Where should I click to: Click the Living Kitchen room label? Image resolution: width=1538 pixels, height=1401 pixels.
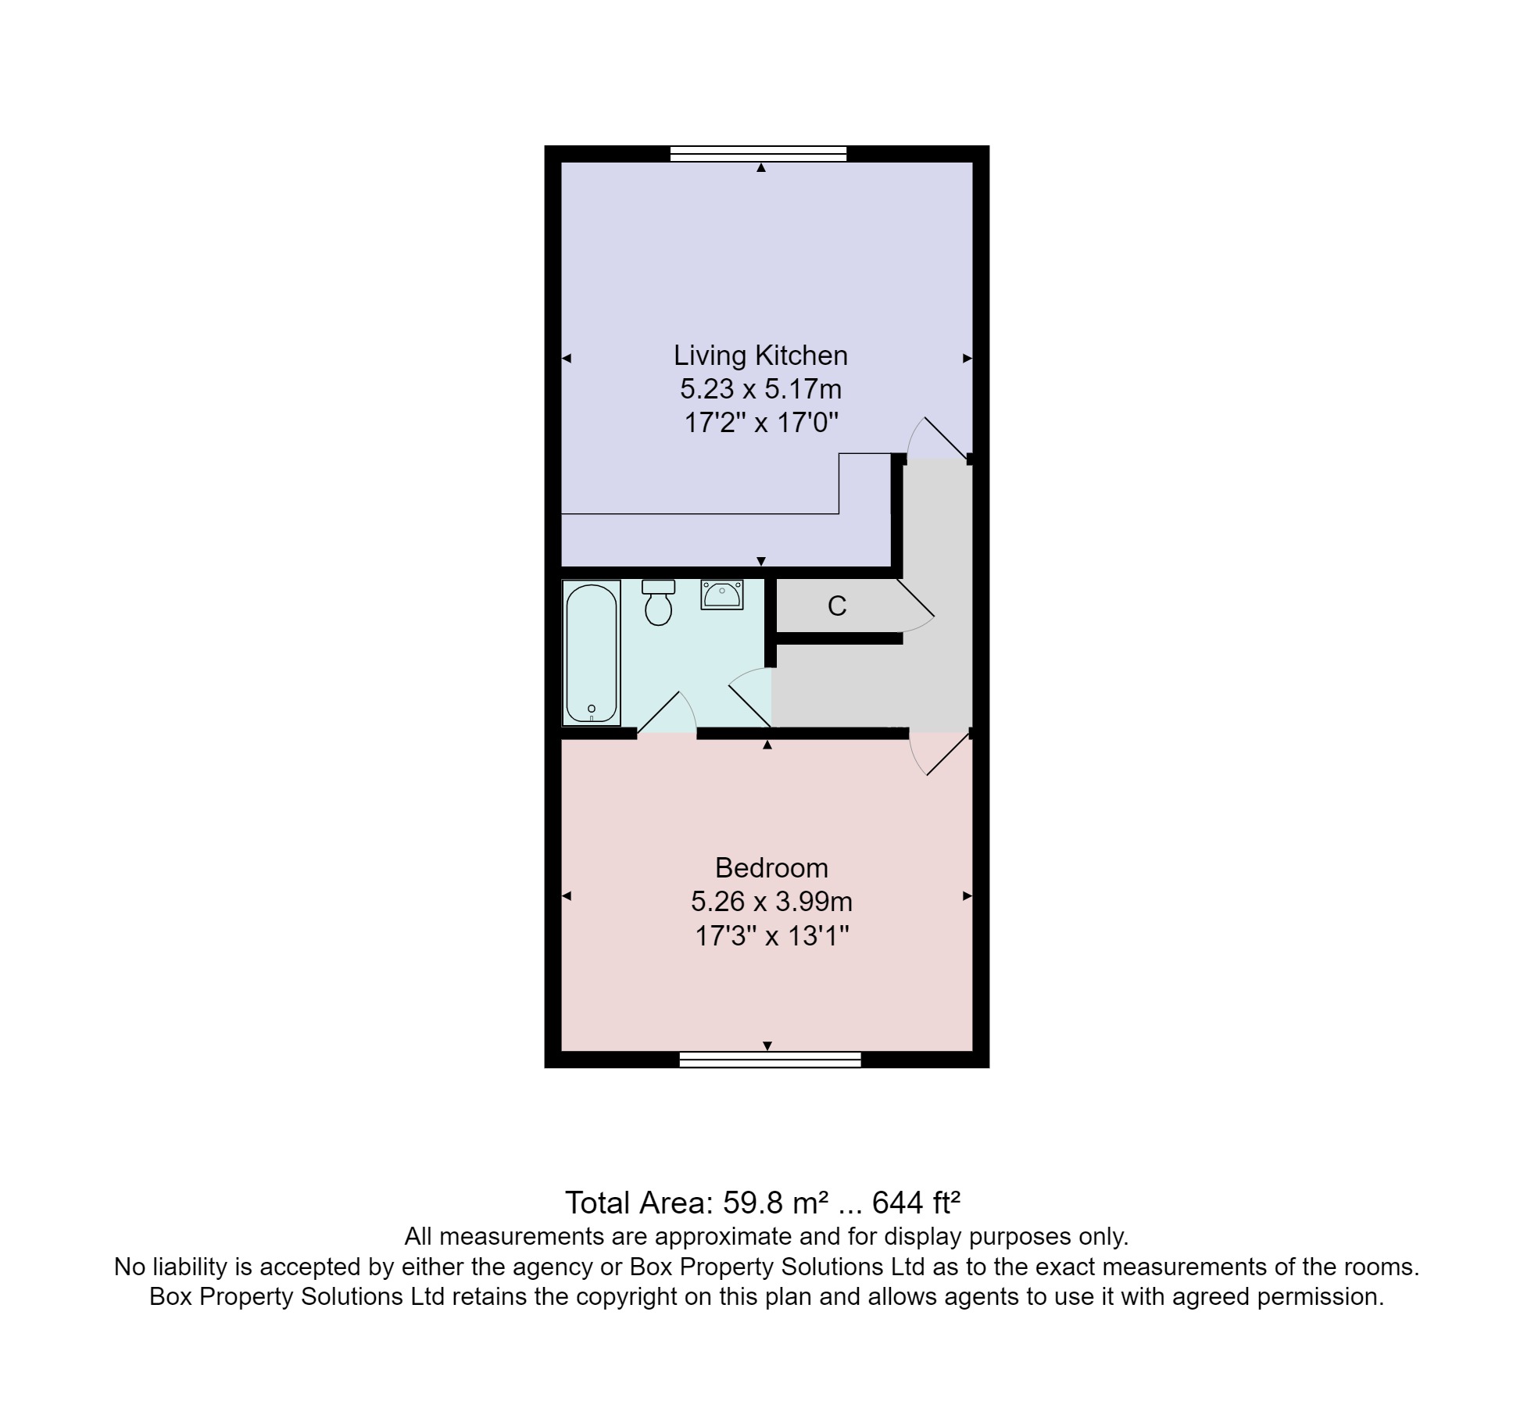760,356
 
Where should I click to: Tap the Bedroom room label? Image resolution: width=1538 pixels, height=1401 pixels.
771,868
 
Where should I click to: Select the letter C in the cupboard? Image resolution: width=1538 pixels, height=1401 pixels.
837,606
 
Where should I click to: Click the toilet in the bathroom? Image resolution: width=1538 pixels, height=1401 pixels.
659,607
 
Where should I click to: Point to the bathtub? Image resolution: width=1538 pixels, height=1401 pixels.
592,652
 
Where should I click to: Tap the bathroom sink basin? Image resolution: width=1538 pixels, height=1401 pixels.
721,596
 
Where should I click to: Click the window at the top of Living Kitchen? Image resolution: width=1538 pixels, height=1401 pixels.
758,153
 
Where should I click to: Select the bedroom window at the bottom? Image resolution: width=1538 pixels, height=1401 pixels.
770,1060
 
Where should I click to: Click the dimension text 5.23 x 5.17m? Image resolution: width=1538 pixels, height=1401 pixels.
760,389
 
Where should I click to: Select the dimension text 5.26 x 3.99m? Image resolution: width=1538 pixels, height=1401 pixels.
771,902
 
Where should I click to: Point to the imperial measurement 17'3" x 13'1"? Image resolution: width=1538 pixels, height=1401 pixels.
771,935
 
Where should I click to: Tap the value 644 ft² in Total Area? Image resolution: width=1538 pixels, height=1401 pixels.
915,1203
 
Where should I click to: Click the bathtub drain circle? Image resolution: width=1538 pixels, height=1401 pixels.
592,709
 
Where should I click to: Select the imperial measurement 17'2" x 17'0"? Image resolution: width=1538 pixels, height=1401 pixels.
760,423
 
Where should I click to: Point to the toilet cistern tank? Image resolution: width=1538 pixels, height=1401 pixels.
658,587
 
